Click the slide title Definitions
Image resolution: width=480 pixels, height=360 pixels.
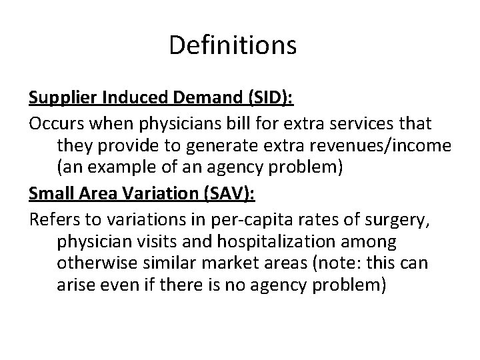pos(233,45)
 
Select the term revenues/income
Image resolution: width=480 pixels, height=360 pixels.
pos(387,145)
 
